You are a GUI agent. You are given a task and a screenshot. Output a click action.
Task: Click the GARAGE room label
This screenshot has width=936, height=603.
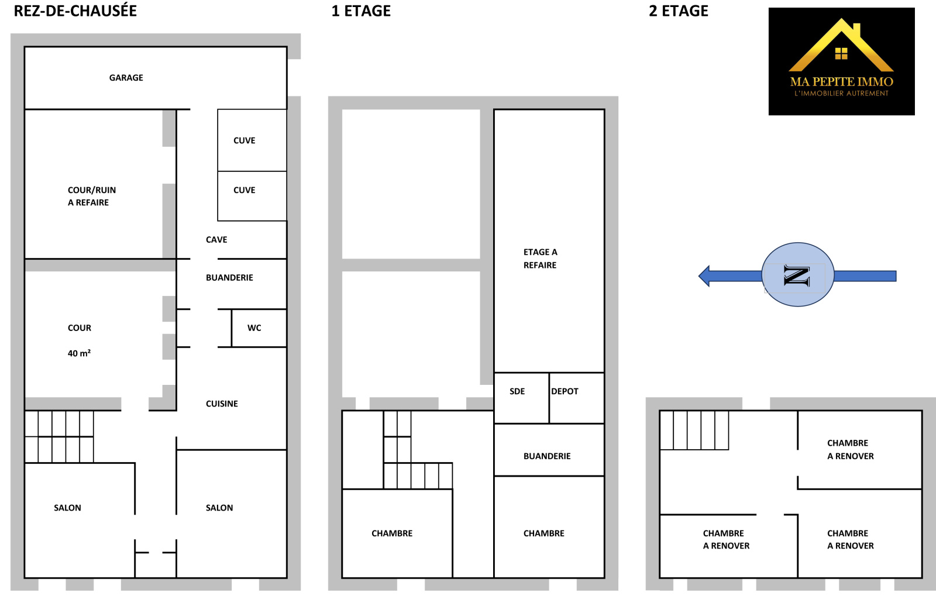pyautogui.click(x=126, y=78)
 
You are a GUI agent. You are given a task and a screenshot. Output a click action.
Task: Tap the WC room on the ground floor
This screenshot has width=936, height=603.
pyautogui.click(x=259, y=328)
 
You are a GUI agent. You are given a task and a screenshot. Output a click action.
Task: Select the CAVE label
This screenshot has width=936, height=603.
pyautogui.click(x=216, y=240)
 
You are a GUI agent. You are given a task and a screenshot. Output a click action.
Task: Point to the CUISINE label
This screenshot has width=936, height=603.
pyautogui.click(x=222, y=404)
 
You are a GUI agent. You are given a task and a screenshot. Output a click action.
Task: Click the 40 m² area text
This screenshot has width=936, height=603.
pyautogui.click(x=80, y=353)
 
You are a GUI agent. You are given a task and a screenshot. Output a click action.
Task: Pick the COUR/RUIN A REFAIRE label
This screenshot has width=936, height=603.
pyautogui.click(x=91, y=197)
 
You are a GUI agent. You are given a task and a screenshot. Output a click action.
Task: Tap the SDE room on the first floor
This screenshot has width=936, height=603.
pyautogui.click(x=521, y=398)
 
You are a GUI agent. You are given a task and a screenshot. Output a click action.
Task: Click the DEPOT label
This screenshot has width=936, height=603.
pyautogui.click(x=565, y=391)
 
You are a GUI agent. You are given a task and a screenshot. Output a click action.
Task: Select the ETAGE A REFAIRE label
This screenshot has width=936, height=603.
pyautogui.click(x=541, y=259)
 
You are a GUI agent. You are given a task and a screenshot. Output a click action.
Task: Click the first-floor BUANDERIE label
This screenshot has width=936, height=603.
pyautogui.click(x=547, y=456)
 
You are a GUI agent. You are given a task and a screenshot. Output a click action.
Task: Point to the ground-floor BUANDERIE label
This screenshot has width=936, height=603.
pyautogui.click(x=229, y=278)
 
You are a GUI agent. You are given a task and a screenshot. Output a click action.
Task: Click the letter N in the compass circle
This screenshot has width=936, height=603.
pyautogui.click(x=797, y=275)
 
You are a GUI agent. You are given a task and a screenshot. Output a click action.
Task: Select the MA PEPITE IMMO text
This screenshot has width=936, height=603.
pyautogui.click(x=842, y=82)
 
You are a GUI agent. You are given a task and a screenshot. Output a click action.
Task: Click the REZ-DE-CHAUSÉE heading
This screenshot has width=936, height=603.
pyautogui.click(x=75, y=11)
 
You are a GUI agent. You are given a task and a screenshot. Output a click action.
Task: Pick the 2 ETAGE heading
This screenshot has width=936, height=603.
pyautogui.click(x=679, y=11)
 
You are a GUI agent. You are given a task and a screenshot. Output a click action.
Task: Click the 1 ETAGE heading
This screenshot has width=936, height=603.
pyautogui.click(x=361, y=11)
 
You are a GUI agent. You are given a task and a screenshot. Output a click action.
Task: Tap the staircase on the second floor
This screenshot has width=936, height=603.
pyautogui.click(x=694, y=430)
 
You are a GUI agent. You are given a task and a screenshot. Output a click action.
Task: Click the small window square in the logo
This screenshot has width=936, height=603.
pyautogui.click(x=841, y=53)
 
